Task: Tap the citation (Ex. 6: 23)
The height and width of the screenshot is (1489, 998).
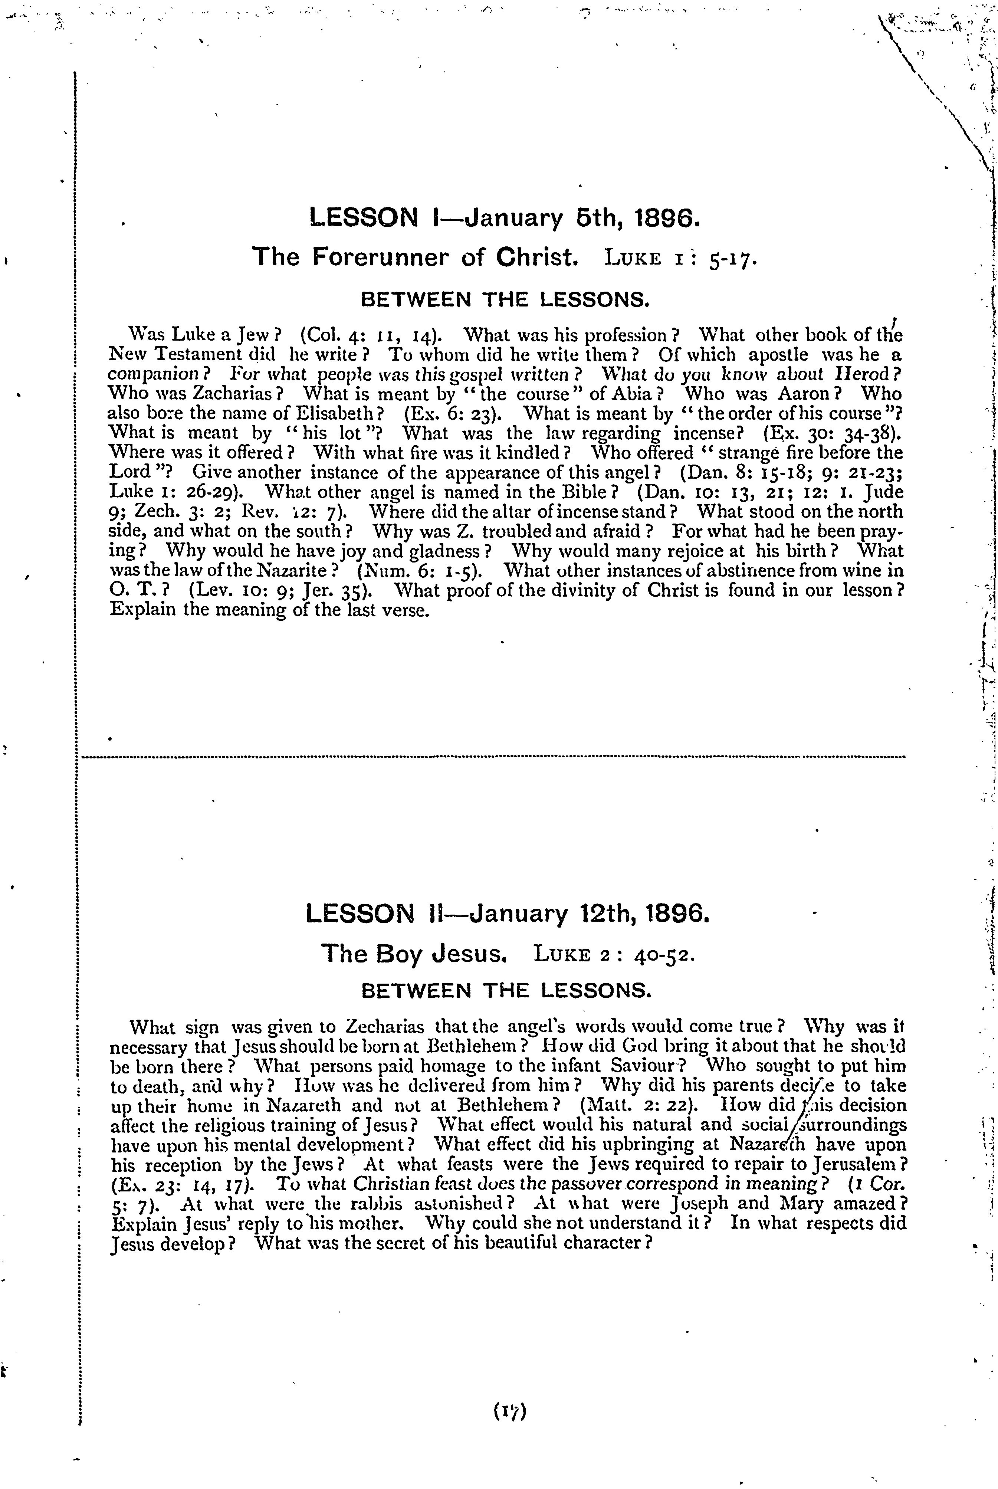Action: [453, 414]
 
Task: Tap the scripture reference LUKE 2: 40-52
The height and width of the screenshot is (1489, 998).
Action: [611, 955]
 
